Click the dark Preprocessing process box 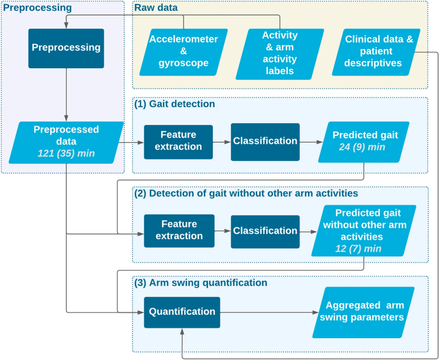coord(66,48)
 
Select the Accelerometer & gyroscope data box coord(184,52)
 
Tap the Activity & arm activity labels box coord(280,54)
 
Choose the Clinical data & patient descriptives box coord(376,52)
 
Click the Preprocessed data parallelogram coord(66,143)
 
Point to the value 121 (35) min coord(66,154)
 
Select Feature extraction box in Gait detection coord(178,142)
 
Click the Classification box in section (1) coord(265,142)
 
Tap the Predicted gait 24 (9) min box coord(364,142)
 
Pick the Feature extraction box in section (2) coord(179,231)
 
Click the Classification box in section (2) coord(265,232)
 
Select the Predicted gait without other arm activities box coord(364,231)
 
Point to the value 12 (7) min coord(359,249)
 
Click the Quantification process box coord(182,312)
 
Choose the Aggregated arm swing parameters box coord(363,312)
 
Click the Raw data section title coord(156,8)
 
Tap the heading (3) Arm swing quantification coord(201,283)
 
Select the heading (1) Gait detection coord(175,104)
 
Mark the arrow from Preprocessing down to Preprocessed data coord(66,95)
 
